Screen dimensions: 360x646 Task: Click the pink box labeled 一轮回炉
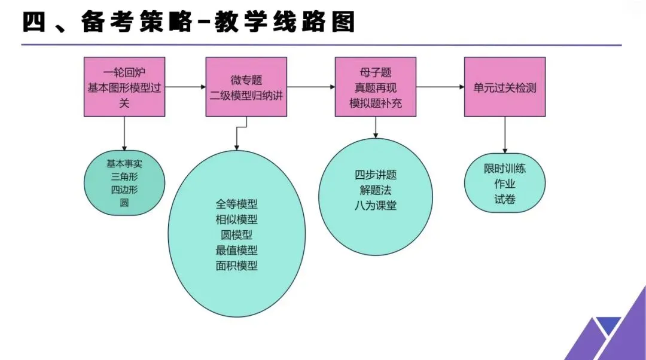click(x=124, y=87)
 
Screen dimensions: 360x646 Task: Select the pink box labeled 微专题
click(x=246, y=87)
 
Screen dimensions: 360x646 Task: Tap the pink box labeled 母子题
click(x=376, y=87)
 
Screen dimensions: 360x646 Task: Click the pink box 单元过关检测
click(x=505, y=87)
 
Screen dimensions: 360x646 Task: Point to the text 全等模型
click(x=237, y=203)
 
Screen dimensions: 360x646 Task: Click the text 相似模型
click(x=237, y=219)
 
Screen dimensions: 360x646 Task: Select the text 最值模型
click(x=237, y=250)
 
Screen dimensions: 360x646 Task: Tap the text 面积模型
click(x=237, y=266)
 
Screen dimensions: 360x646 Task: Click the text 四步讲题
click(x=376, y=175)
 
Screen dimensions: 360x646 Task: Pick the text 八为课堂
click(x=376, y=206)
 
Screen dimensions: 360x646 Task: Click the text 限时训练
click(x=505, y=169)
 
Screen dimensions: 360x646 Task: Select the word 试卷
click(x=505, y=199)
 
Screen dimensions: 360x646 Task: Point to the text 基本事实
click(x=124, y=163)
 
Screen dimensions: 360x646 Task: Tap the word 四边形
click(x=124, y=190)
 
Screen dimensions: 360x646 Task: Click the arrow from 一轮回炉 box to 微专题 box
click(x=185, y=87)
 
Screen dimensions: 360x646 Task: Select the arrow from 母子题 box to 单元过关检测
click(x=440, y=87)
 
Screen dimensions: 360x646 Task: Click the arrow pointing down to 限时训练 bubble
click(x=505, y=135)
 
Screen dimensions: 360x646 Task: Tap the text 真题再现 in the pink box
click(x=376, y=87)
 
